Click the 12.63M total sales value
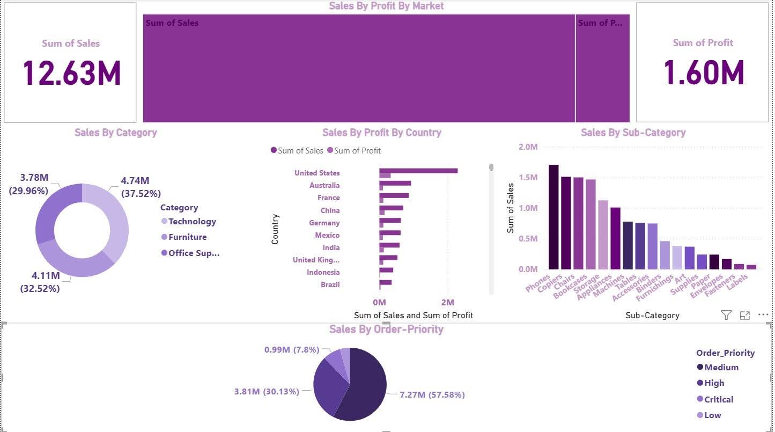tap(71, 73)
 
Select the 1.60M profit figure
tap(703, 73)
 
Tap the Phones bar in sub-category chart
tap(553, 217)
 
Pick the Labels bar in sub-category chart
tap(751, 267)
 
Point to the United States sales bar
tap(418, 171)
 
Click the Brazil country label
tap(330, 284)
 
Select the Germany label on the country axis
tap(324, 223)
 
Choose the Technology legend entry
tap(191, 221)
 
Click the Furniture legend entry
tap(187, 237)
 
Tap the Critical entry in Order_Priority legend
tap(718, 399)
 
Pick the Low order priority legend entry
tap(712, 415)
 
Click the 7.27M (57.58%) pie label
tap(432, 395)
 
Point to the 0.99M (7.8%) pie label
tap(291, 350)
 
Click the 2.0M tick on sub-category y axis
tap(528, 147)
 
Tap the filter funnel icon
tap(726, 315)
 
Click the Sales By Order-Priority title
tap(386, 329)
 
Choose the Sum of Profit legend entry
tap(357, 151)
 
